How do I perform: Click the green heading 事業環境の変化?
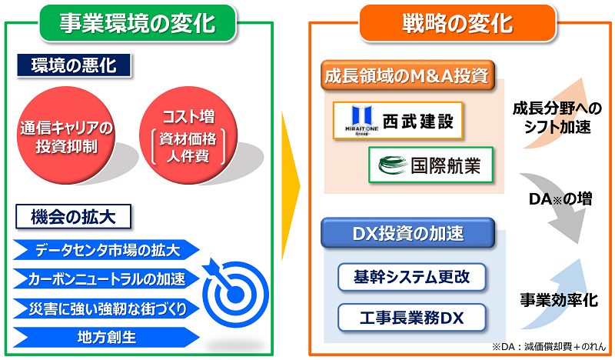(138, 23)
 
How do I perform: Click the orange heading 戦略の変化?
(457, 23)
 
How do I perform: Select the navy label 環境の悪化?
(74, 65)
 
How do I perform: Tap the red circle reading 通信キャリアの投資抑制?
(66, 135)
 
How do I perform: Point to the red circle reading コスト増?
(188, 135)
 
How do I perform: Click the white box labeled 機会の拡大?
(73, 216)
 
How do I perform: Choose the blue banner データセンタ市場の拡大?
(106, 250)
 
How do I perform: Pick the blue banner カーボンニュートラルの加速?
(106, 278)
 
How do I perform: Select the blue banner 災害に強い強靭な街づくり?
(106, 308)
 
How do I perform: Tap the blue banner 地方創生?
(106, 337)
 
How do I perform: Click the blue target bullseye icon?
(235, 295)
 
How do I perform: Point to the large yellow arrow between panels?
(291, 186)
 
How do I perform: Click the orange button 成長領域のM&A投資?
(407, 75)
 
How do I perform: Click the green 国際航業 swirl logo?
(393, 165)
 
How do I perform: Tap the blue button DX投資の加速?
(407, 233)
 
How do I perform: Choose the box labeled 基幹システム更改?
(412, 277)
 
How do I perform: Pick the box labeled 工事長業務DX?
(412, 317)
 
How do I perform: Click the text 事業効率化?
(559, 300)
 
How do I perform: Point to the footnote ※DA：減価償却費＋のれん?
(549, 347)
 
